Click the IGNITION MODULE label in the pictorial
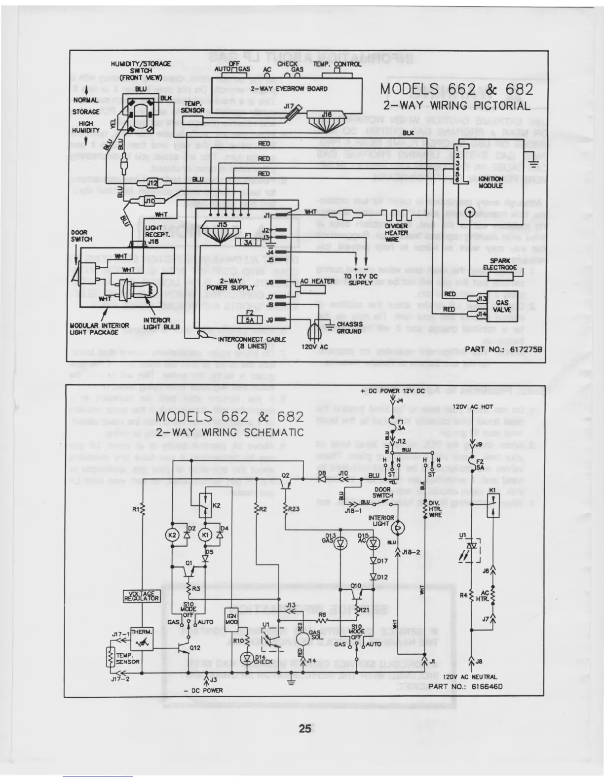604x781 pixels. [490, 182]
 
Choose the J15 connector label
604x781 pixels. [222, 225]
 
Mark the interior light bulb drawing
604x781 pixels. [154, 286]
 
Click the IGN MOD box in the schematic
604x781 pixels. [232, 619]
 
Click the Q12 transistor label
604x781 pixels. [195, 647]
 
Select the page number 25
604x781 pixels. [304, 728]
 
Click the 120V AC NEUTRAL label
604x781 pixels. [470, 677]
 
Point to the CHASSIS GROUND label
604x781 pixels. [349, 328]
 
